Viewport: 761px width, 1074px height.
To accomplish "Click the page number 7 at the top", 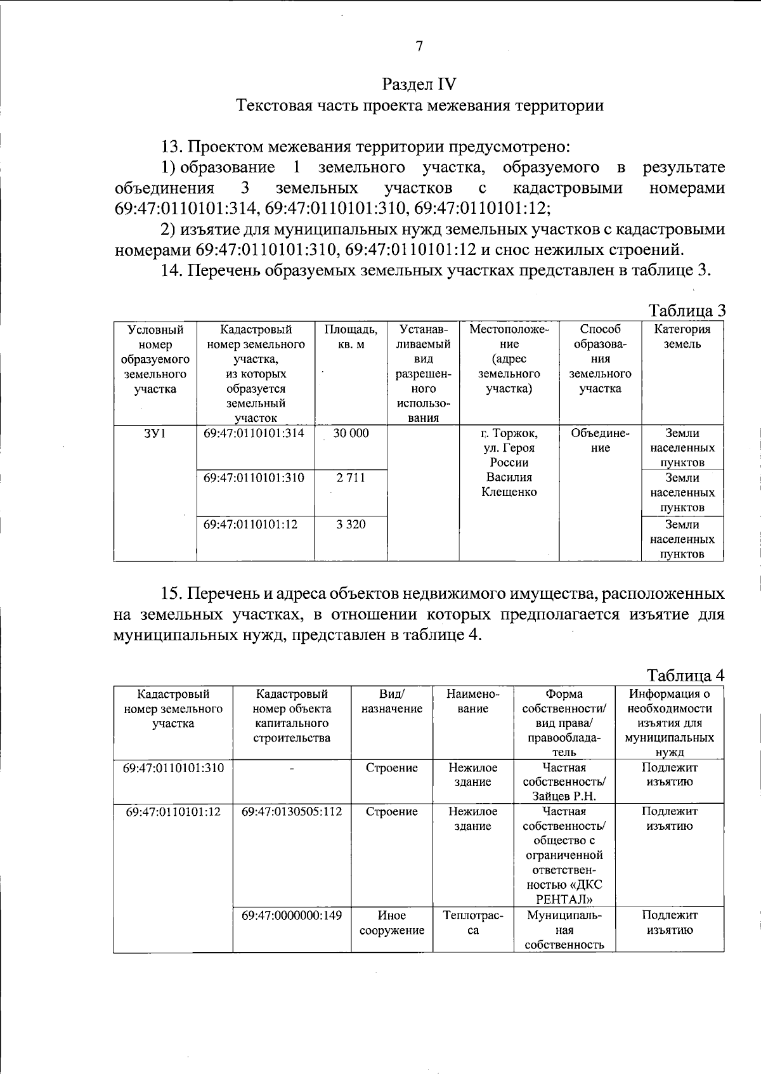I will (x=419, y=46).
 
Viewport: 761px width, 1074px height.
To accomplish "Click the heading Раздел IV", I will (x=419, y=84).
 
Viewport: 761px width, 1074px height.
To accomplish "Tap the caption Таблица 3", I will (x=686, y=310).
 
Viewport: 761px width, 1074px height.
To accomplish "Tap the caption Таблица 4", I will (x=686, y=674).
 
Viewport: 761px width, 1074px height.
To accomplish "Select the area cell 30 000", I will (x=351, y=433).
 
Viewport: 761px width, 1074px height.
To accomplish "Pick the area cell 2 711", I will (x=351, y=478).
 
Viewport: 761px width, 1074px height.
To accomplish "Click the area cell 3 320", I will (x=351, y=525).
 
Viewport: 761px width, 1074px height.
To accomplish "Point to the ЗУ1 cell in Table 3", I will (x=155, y=433).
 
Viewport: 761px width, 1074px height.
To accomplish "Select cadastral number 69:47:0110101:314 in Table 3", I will (x=254, y=433).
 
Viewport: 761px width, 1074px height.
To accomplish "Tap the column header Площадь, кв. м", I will (x=351, y=337).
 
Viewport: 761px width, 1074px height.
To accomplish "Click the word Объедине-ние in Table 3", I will (x=600, y=441).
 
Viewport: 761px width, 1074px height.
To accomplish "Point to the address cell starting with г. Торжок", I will (x=509, y=462).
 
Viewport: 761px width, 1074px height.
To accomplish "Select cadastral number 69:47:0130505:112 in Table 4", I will (x=292, y=811).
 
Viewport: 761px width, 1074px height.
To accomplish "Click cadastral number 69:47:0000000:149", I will (x=292, y=915).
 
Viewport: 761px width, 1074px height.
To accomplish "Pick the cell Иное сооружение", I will (x=391, y=923).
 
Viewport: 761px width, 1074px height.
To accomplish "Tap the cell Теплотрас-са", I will (x=472, y=923).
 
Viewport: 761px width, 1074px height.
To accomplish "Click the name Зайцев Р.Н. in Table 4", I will (x=564, y=797).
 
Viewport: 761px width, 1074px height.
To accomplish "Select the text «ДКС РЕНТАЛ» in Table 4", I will (x=564, y=893).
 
